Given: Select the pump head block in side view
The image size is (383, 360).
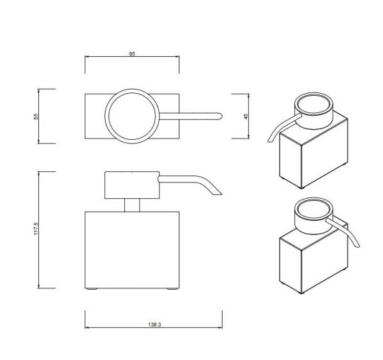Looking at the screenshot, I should tap(132, 185).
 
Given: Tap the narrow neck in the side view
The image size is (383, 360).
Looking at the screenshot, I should tap(132, 204).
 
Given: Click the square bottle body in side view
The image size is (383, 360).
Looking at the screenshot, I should tap(132, 249).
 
